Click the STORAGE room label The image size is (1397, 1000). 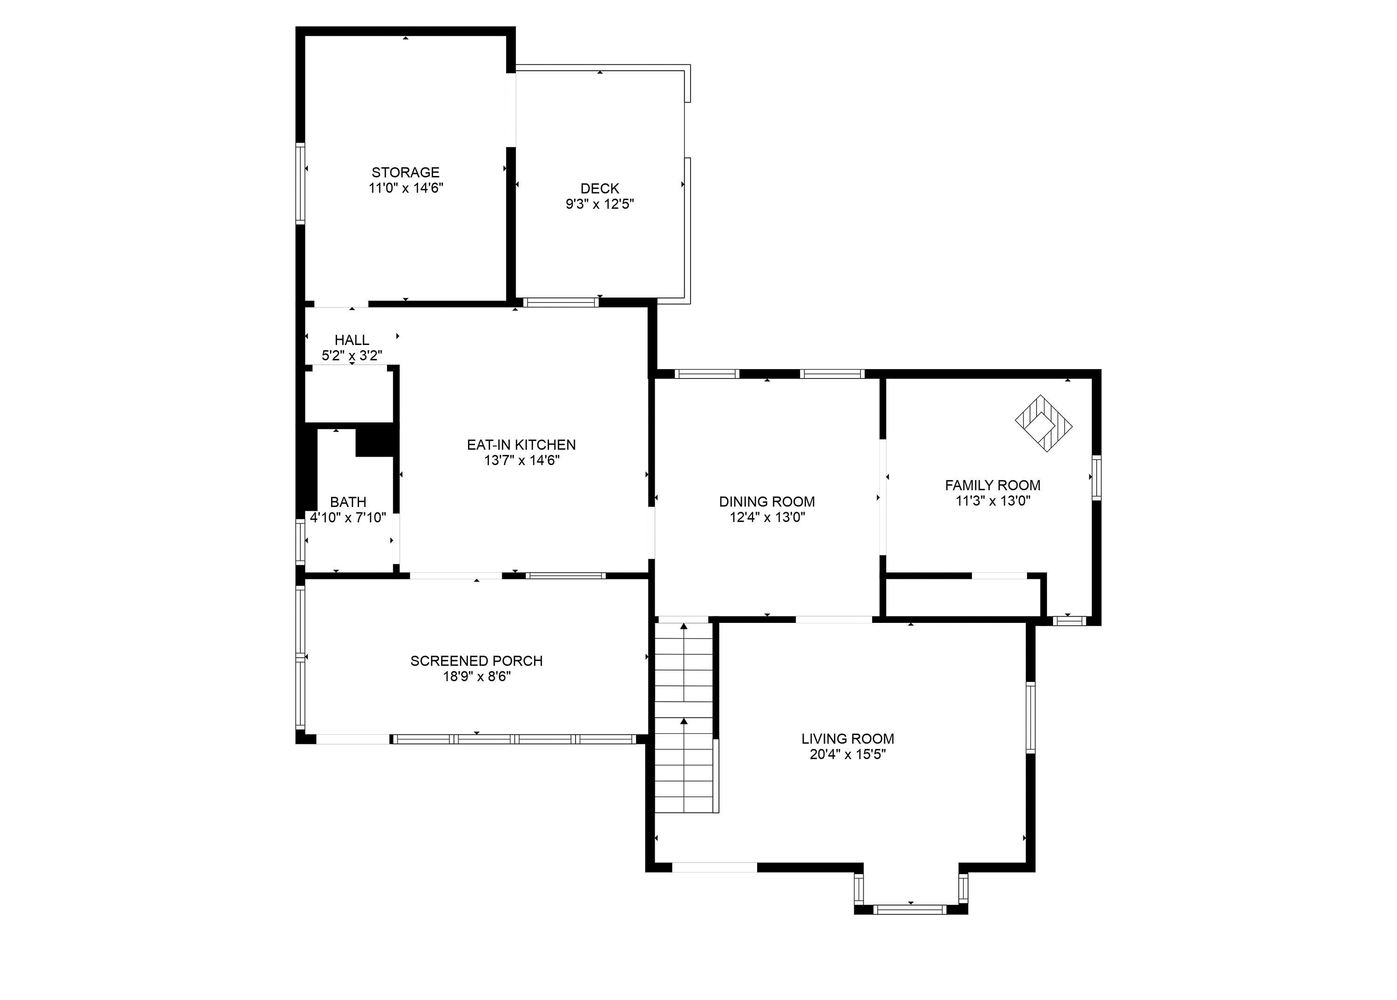[405, 172]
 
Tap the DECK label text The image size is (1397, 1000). [599, 189]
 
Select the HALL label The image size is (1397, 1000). [352, 340]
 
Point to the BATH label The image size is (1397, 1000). [348, 502]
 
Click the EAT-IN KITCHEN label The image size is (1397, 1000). [521, 445]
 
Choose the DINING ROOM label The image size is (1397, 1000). [767, 502]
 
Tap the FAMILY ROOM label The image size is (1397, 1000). [993, 485]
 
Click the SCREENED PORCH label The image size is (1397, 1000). [476, 661]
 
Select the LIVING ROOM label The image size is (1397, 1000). [848, 739]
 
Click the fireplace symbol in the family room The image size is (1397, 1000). [1044, 424]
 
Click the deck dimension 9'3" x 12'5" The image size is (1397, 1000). [600, 204]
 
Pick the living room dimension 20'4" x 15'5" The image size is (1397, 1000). [848, 755]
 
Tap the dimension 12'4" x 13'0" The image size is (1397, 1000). [767, 518]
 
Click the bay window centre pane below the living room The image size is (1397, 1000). [910, 909]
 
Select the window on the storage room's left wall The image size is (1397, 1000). [300, 182]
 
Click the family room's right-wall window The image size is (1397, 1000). [1096, 477]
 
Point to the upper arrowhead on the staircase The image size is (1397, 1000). [684, 627]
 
